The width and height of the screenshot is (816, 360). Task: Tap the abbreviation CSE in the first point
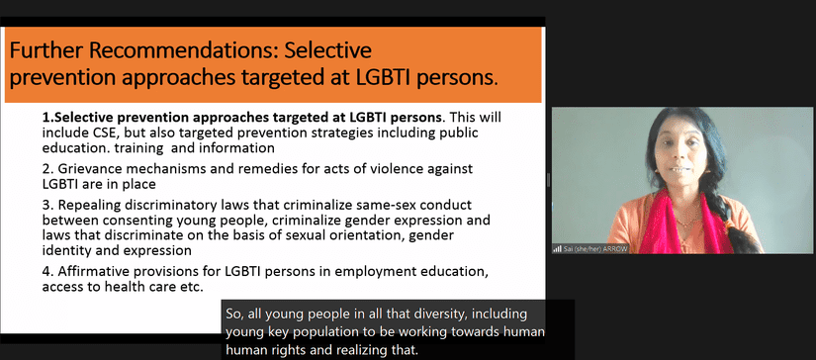[92, 133]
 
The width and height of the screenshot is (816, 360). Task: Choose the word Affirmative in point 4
[90, 271]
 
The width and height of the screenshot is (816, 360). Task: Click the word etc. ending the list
[190, 287]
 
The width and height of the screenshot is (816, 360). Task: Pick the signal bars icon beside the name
[558, 249]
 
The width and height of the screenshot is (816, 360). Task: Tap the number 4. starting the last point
[49, 271]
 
